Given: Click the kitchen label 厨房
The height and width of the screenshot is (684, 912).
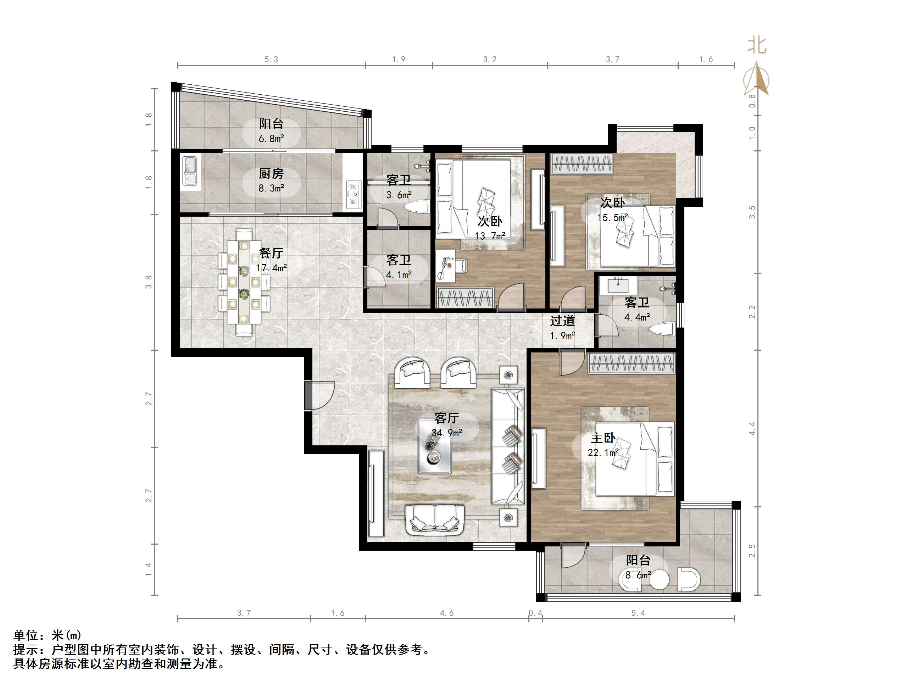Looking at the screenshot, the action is tap(271, 174).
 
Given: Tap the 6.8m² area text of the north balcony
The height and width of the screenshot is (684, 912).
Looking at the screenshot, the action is tap(271, 139).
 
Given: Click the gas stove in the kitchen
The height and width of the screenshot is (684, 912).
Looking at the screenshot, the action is tap(353, 193).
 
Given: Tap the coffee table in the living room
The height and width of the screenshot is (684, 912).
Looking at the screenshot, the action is tap(435, 446).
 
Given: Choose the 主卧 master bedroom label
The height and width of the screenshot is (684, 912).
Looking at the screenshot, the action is tap(603, 438).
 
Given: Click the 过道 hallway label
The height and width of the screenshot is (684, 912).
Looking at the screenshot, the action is tap(562, 321).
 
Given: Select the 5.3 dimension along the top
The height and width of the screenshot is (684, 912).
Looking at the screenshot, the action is tap(271, 59).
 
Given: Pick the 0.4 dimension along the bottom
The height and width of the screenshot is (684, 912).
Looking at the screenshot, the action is tap(535, 613).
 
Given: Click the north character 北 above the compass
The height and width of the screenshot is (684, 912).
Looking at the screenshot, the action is tap(757, 45).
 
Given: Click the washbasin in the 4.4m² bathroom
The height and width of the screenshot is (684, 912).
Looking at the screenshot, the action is tap(618, 284).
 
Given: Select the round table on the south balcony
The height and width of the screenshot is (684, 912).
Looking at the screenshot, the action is tap(659, 580).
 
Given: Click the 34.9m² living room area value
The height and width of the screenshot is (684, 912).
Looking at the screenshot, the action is tap(447, 433).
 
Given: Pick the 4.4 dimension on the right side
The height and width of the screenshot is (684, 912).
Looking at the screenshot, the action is tap(752, 428).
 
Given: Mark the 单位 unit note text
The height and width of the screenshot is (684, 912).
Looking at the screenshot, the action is tap(26, 635).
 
